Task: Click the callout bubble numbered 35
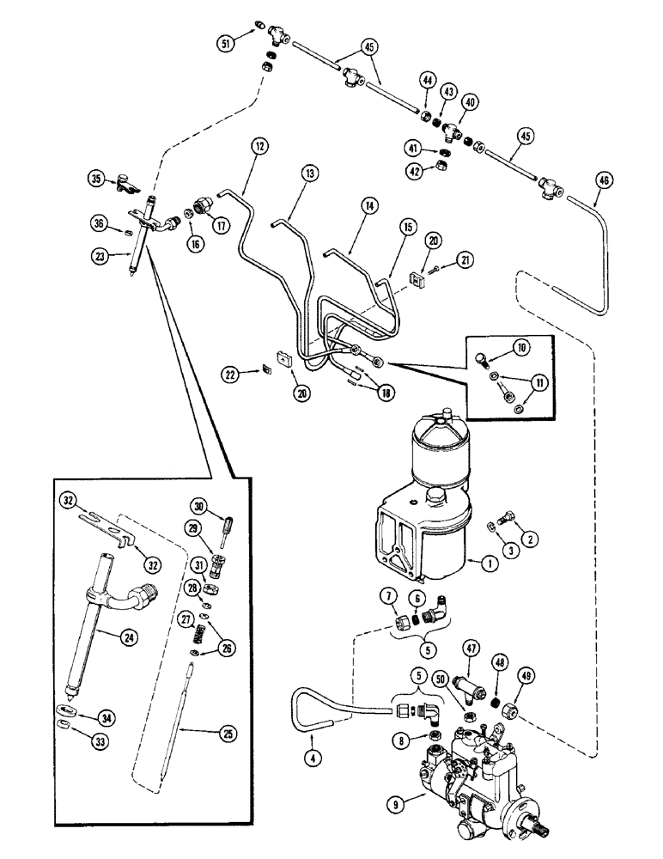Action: point(96,179)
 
